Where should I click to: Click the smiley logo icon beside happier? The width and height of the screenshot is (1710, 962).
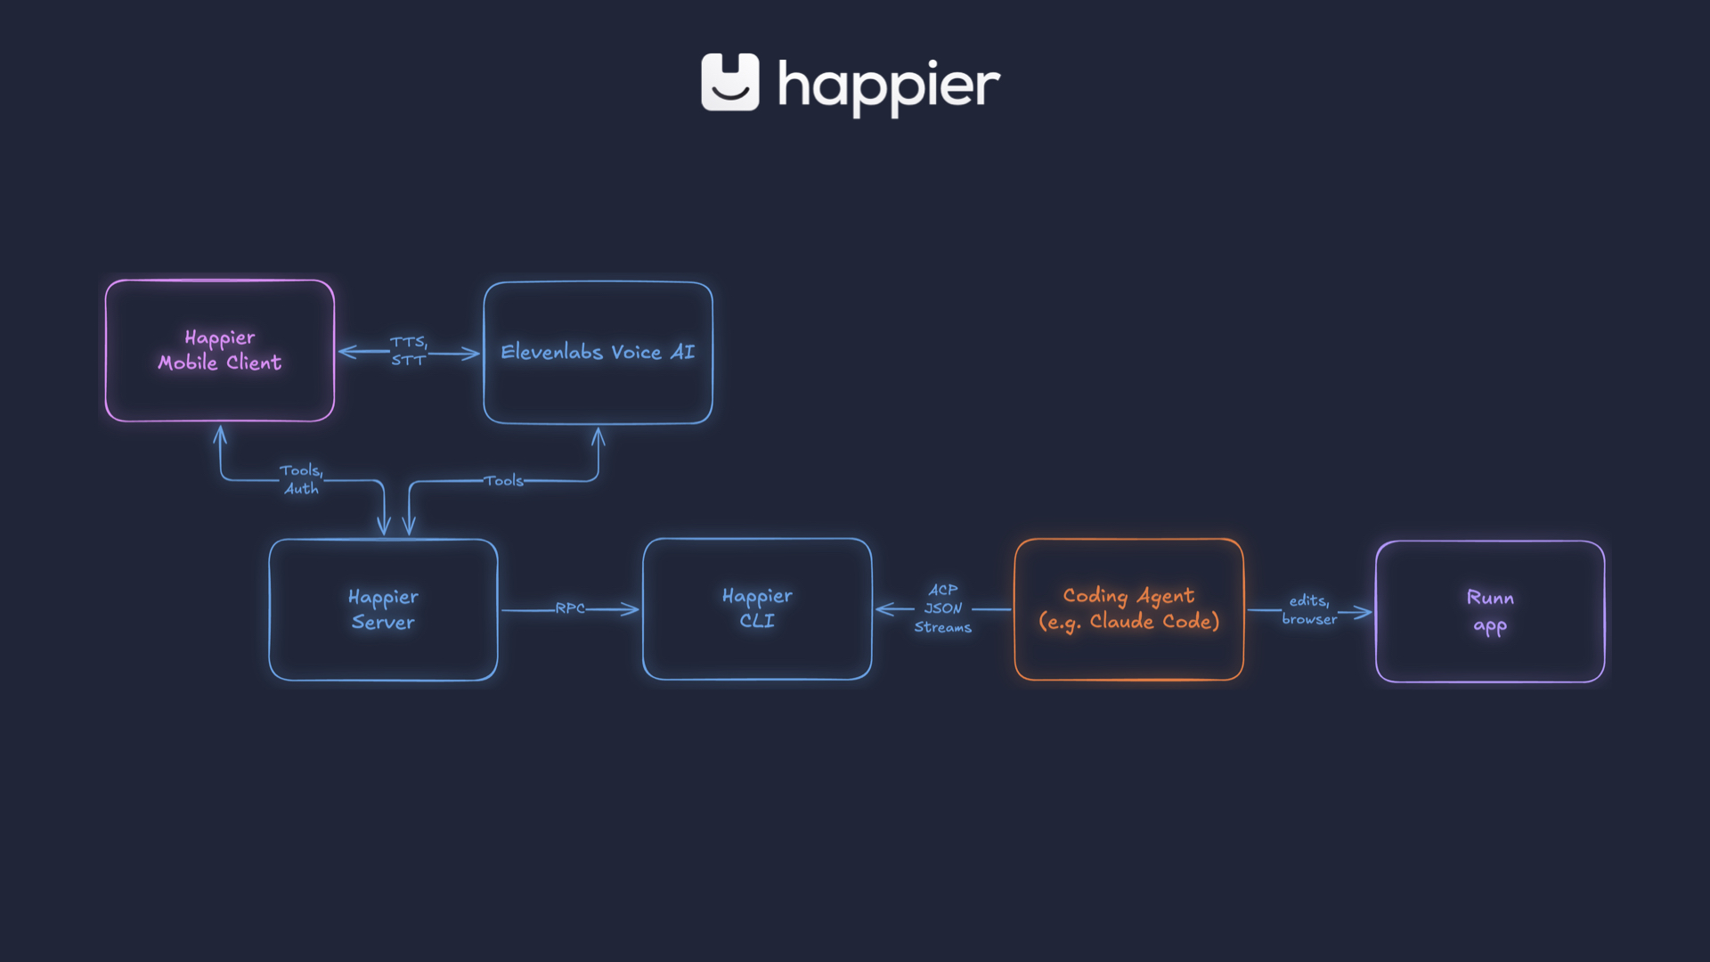[x=729, y=82]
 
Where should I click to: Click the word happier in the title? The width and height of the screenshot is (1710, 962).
[x=889, y=86]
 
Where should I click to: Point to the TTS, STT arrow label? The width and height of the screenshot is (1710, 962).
[x=409, y=351]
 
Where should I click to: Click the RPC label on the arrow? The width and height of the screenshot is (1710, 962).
[x=570, y=608]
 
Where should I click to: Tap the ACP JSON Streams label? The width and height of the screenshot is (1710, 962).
[x=942, y=608]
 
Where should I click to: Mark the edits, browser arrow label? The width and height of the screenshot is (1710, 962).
[x=1309, y=610]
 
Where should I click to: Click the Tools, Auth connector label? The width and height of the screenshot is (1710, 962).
[x=301, y=479]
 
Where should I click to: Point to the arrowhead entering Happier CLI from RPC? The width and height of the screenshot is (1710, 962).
[x=632, y=609]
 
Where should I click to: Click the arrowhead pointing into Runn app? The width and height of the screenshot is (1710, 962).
[x=1364, y=612]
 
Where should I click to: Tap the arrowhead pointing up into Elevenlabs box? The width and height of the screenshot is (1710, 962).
[x=598, y=436]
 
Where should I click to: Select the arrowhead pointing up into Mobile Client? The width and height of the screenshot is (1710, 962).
[x=220, y=434]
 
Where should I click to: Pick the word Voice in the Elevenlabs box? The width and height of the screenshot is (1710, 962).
[x=636, y=353]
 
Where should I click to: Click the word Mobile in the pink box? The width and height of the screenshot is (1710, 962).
[x=188, y=363]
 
